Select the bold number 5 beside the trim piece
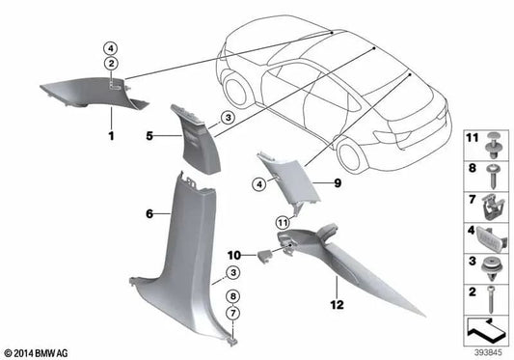tap(149, 136)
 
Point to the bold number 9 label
tap(311, 182)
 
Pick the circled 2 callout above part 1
tap(110, 64)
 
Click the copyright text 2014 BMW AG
tap(37, 351)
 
